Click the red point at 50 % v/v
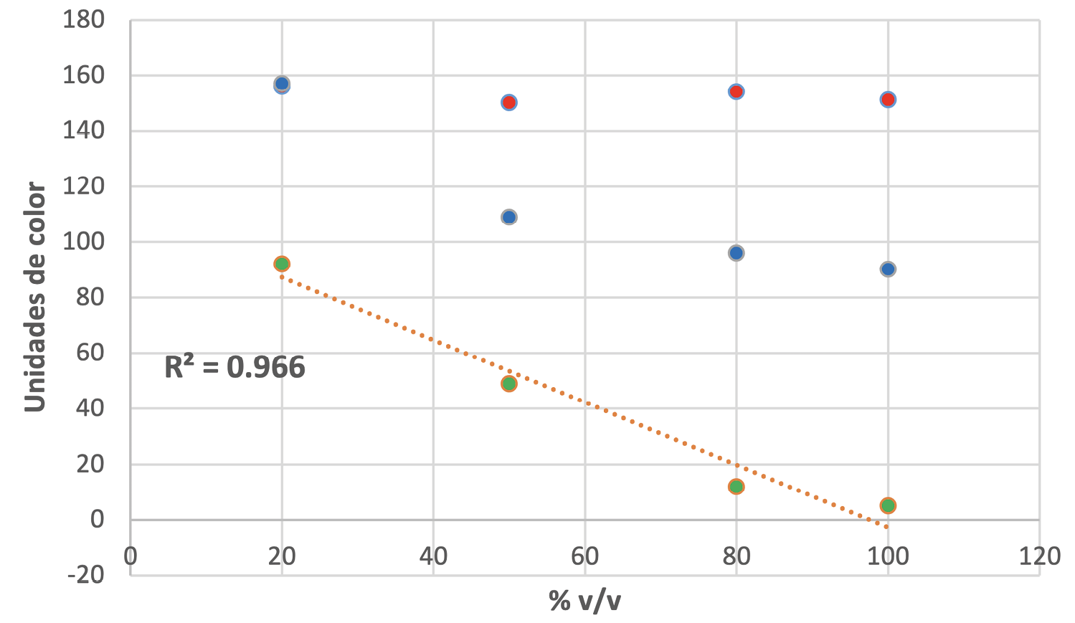pos(509,103)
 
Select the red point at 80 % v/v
pos(736,91)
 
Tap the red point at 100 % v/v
pos(888,100)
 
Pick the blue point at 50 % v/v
pos(509,217)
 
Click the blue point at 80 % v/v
pos(736,253)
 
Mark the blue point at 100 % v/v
pos(888,270)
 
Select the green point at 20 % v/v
pos(282,264)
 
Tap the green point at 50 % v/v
pos(509,384)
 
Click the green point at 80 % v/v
pos(736,487)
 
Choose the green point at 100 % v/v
pos(888,505)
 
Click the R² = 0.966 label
pos(235,368)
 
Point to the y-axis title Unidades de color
pos(35,298)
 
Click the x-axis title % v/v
pos(584,601)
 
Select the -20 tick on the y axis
pos(85,574)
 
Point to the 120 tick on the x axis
pos(1039,556)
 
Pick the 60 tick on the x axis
pos(584,556)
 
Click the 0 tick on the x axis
pos(131,556)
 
